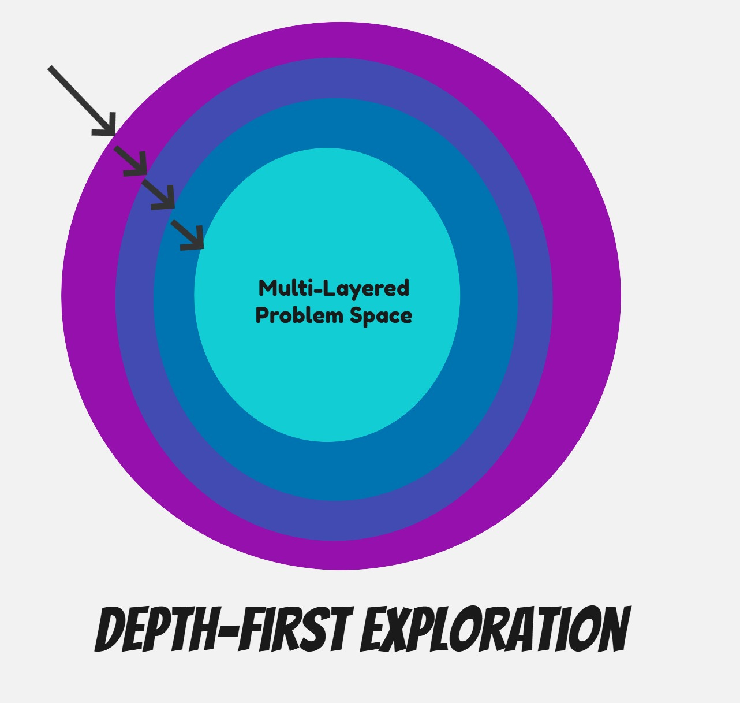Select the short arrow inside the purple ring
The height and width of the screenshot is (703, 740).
132,161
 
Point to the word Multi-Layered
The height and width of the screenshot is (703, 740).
334,288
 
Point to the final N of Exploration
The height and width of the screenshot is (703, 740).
612,630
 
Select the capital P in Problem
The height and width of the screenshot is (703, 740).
263,315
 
